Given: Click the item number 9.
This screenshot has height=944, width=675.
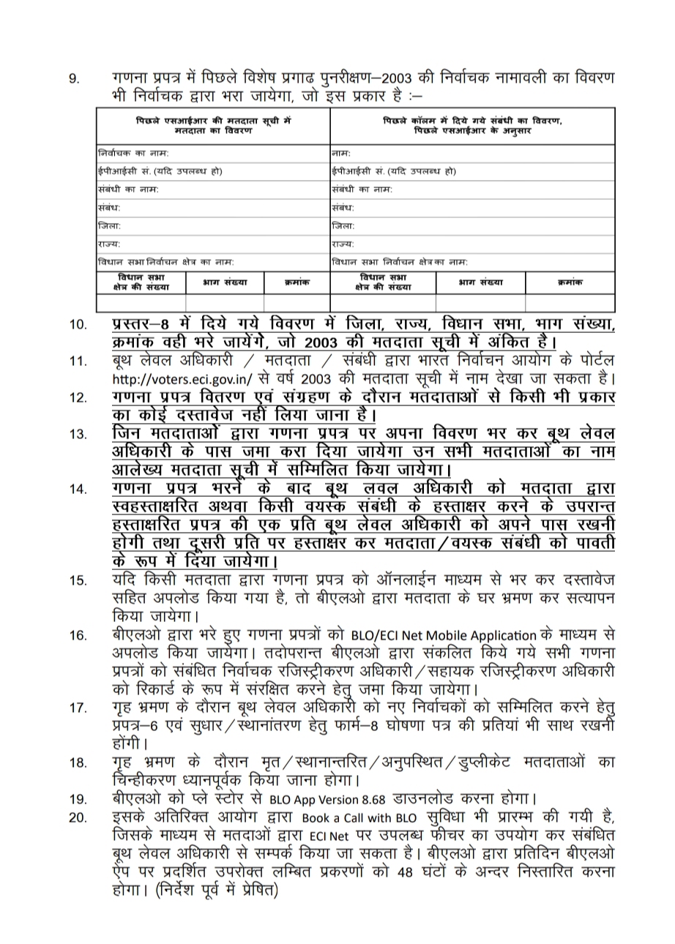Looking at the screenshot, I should (74, 78).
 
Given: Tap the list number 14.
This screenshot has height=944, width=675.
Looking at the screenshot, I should (78, 490).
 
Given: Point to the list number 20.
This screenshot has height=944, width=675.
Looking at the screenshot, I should (78, 817).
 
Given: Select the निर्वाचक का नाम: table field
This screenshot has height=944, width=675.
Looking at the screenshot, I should (133, 154).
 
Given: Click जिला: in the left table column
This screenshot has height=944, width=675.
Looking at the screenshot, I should (110, 226).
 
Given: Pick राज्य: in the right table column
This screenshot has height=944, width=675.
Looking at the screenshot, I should (343, 244).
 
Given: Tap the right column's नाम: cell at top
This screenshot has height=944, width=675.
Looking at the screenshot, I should (340, 154).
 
